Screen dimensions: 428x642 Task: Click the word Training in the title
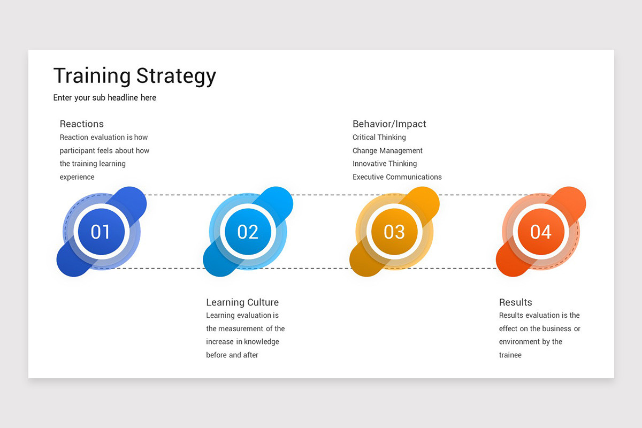[x=92, y=77]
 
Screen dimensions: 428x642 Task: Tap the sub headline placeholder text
[x=105, y=98]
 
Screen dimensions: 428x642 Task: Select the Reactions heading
[x=82, y=124]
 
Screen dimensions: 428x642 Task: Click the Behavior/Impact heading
[x=389, y=124]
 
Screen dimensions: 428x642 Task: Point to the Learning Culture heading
[x=242, y=302]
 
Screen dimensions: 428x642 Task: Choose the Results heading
[x=515, y=302]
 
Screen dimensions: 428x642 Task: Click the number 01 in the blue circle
[x=101, y=232]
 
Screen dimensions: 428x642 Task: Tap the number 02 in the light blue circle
[x=248, y=232]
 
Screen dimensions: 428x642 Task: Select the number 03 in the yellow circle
[x=394, y=232]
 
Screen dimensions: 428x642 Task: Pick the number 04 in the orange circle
[x=540, y=232]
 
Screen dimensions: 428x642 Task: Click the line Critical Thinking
[x=379, y=137]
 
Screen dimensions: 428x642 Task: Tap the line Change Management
[x=387, y=151]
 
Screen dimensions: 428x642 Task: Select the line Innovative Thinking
[x=384, y=164]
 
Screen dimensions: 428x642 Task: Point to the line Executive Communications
[x=397, y=177]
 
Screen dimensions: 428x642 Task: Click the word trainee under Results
[x=510, y=355]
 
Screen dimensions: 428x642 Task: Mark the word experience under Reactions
[x=77, y=177]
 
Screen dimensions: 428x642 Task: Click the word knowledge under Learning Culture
[x=262, y=342]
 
